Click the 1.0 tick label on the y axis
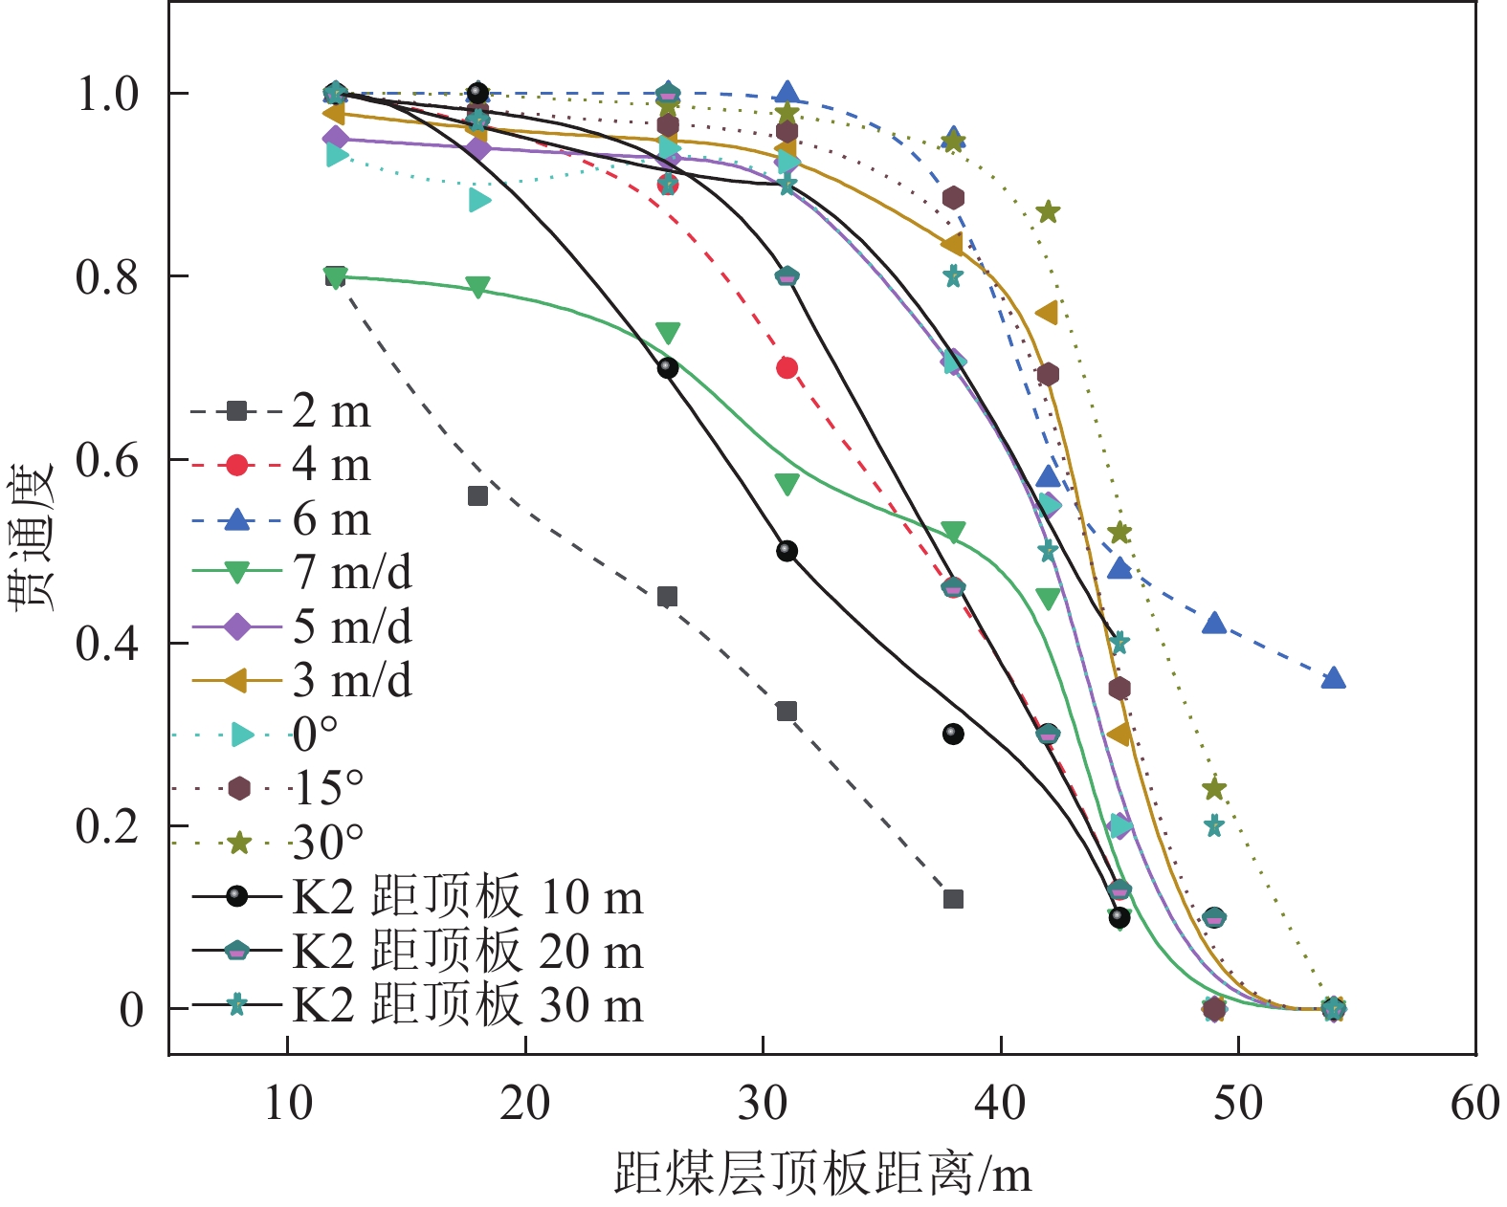(x=107, y=94)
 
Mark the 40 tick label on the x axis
(x=1001, y=1104)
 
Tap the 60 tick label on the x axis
(x=1474, y=1104)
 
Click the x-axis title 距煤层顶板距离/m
(x=822, y=1173)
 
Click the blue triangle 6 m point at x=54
(x=1333, y=679)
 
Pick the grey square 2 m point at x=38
(x=953, y=899)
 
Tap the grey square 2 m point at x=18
(x=477, y=495)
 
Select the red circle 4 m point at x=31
(x=787, y=368)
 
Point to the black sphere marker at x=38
(x=953, y=735)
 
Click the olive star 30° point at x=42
(x=1048, y=211)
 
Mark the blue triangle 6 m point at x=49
(x=1214, y=624)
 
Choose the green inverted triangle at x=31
(x=787, y=485)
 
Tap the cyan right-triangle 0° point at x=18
(x=479, y=200)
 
